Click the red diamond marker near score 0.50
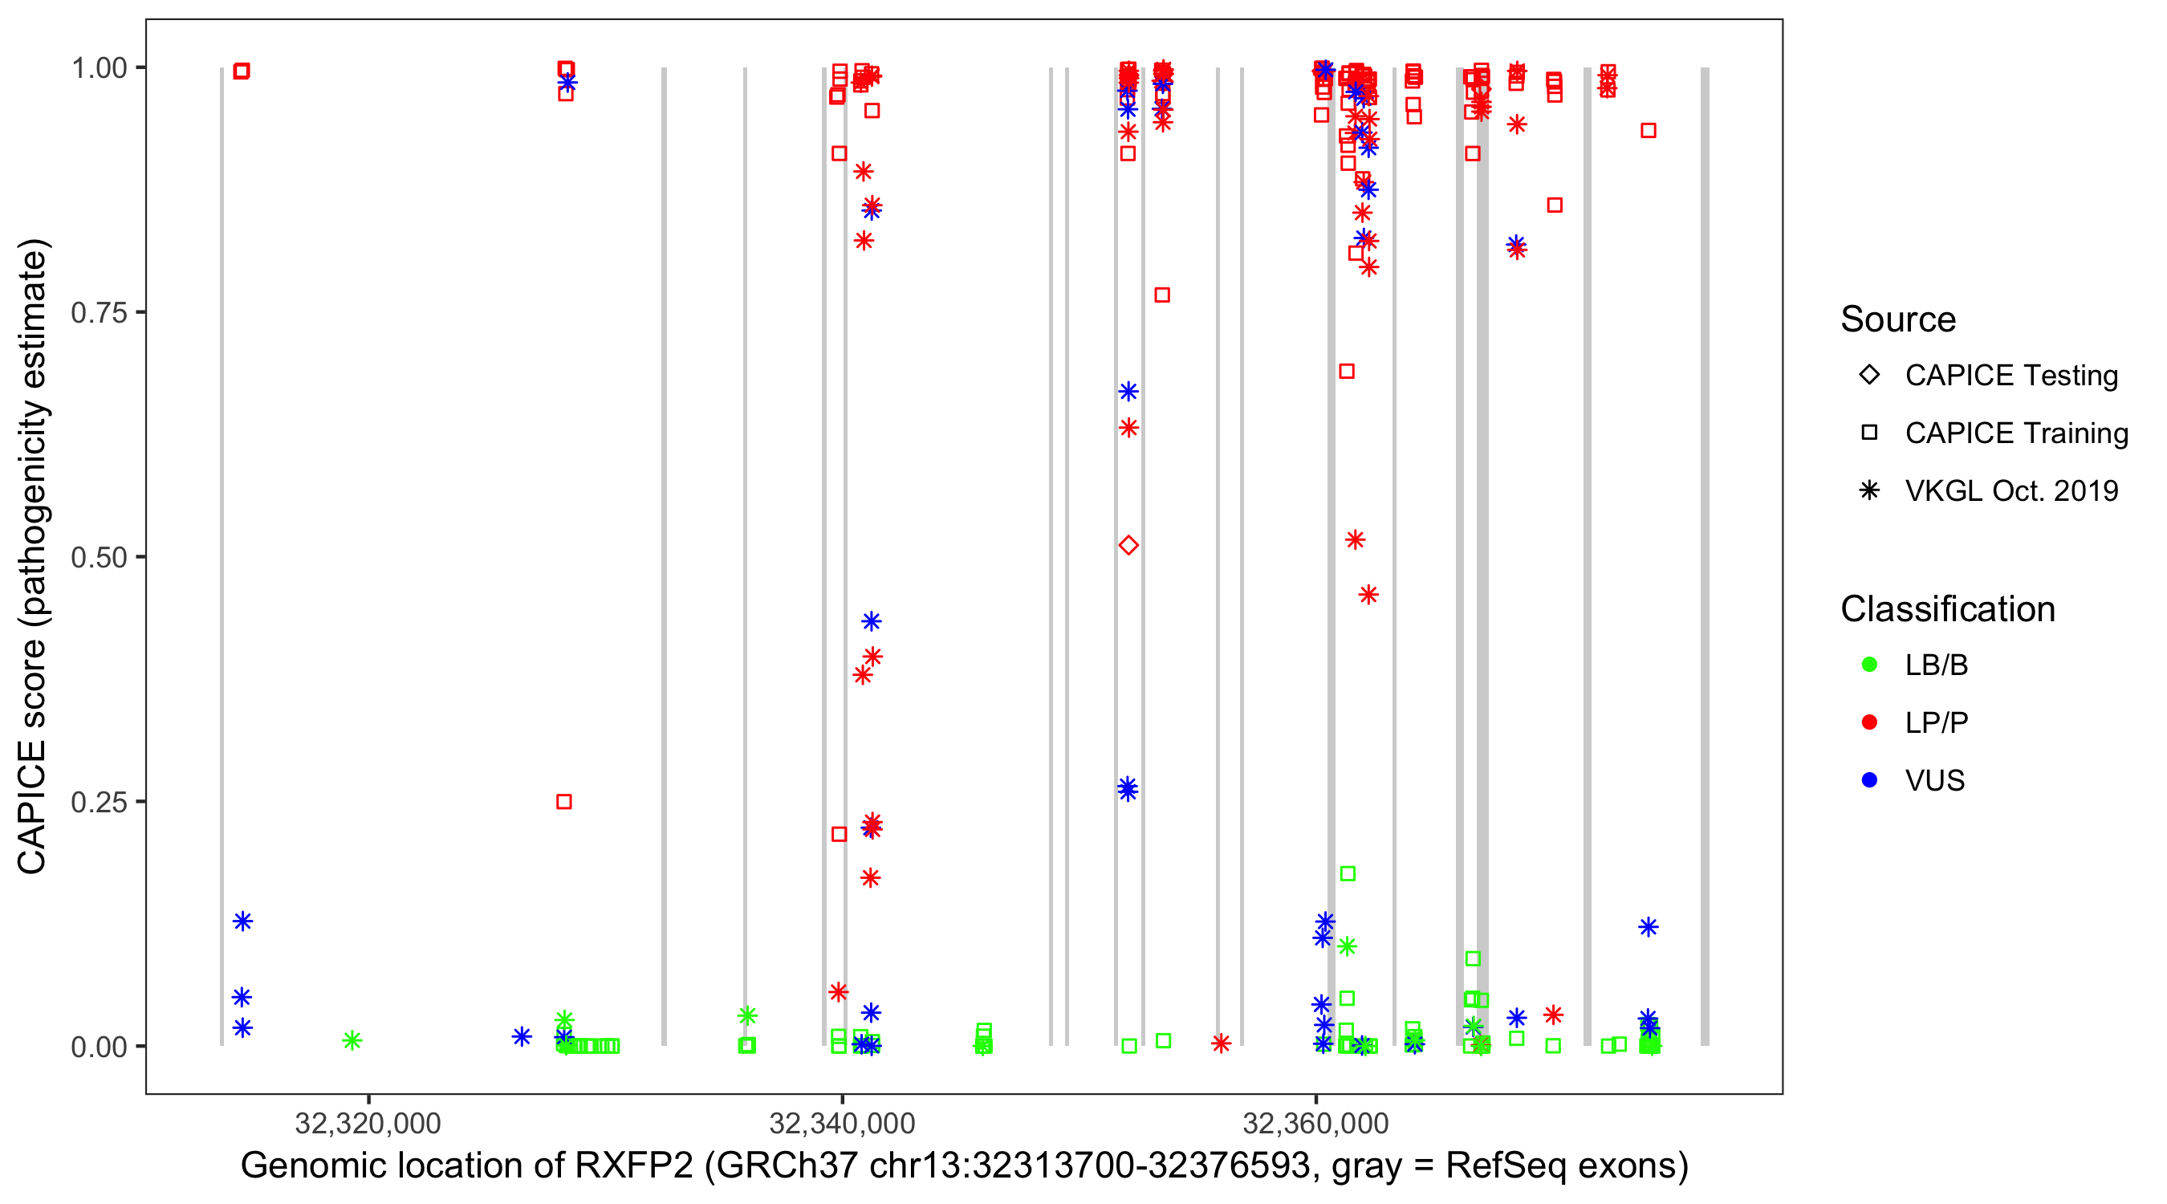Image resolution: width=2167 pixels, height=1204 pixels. point(1129,545)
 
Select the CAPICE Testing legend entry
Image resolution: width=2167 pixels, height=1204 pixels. point(2010,376)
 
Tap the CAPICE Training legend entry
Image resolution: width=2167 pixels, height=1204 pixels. point(2015,433)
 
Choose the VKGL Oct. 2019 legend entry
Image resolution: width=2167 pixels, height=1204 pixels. point(2010,490)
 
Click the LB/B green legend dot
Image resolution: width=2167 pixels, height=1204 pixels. point(1870,665)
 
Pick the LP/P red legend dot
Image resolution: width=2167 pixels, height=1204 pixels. point(1870,722)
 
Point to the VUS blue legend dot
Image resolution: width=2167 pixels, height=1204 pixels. point(1870,780)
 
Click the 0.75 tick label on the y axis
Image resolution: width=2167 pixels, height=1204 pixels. point(99,313)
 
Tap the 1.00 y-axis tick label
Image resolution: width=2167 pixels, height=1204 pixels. point(99,68)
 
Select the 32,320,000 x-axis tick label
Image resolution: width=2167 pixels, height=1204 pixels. point(368,1123)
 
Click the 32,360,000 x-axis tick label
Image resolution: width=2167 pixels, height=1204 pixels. point(1315,1123)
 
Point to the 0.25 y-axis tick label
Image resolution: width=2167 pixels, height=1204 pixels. point(99,802)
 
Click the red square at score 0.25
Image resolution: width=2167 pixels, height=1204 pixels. point(564,802)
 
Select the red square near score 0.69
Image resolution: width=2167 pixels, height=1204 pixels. point(1347,371)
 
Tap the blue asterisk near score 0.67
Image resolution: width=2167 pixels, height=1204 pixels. point(1129,391)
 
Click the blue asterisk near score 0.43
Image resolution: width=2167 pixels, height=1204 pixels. point(872,622)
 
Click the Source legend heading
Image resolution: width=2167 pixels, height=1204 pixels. point(1898,319)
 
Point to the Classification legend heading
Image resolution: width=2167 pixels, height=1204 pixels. point(1947,609)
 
